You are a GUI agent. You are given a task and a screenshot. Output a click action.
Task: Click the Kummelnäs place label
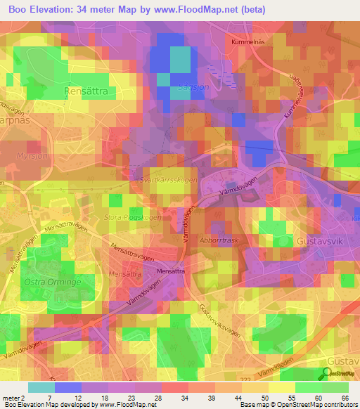click(x=248, y=42)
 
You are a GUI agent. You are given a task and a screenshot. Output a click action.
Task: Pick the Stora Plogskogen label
click(x=133, y=218)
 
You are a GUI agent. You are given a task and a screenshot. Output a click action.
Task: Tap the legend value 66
click(x=345, y=397)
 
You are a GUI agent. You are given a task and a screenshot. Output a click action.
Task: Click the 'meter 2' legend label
click(x=13, y=397)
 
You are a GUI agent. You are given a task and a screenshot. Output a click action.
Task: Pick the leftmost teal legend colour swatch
click(x=41, y=387)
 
